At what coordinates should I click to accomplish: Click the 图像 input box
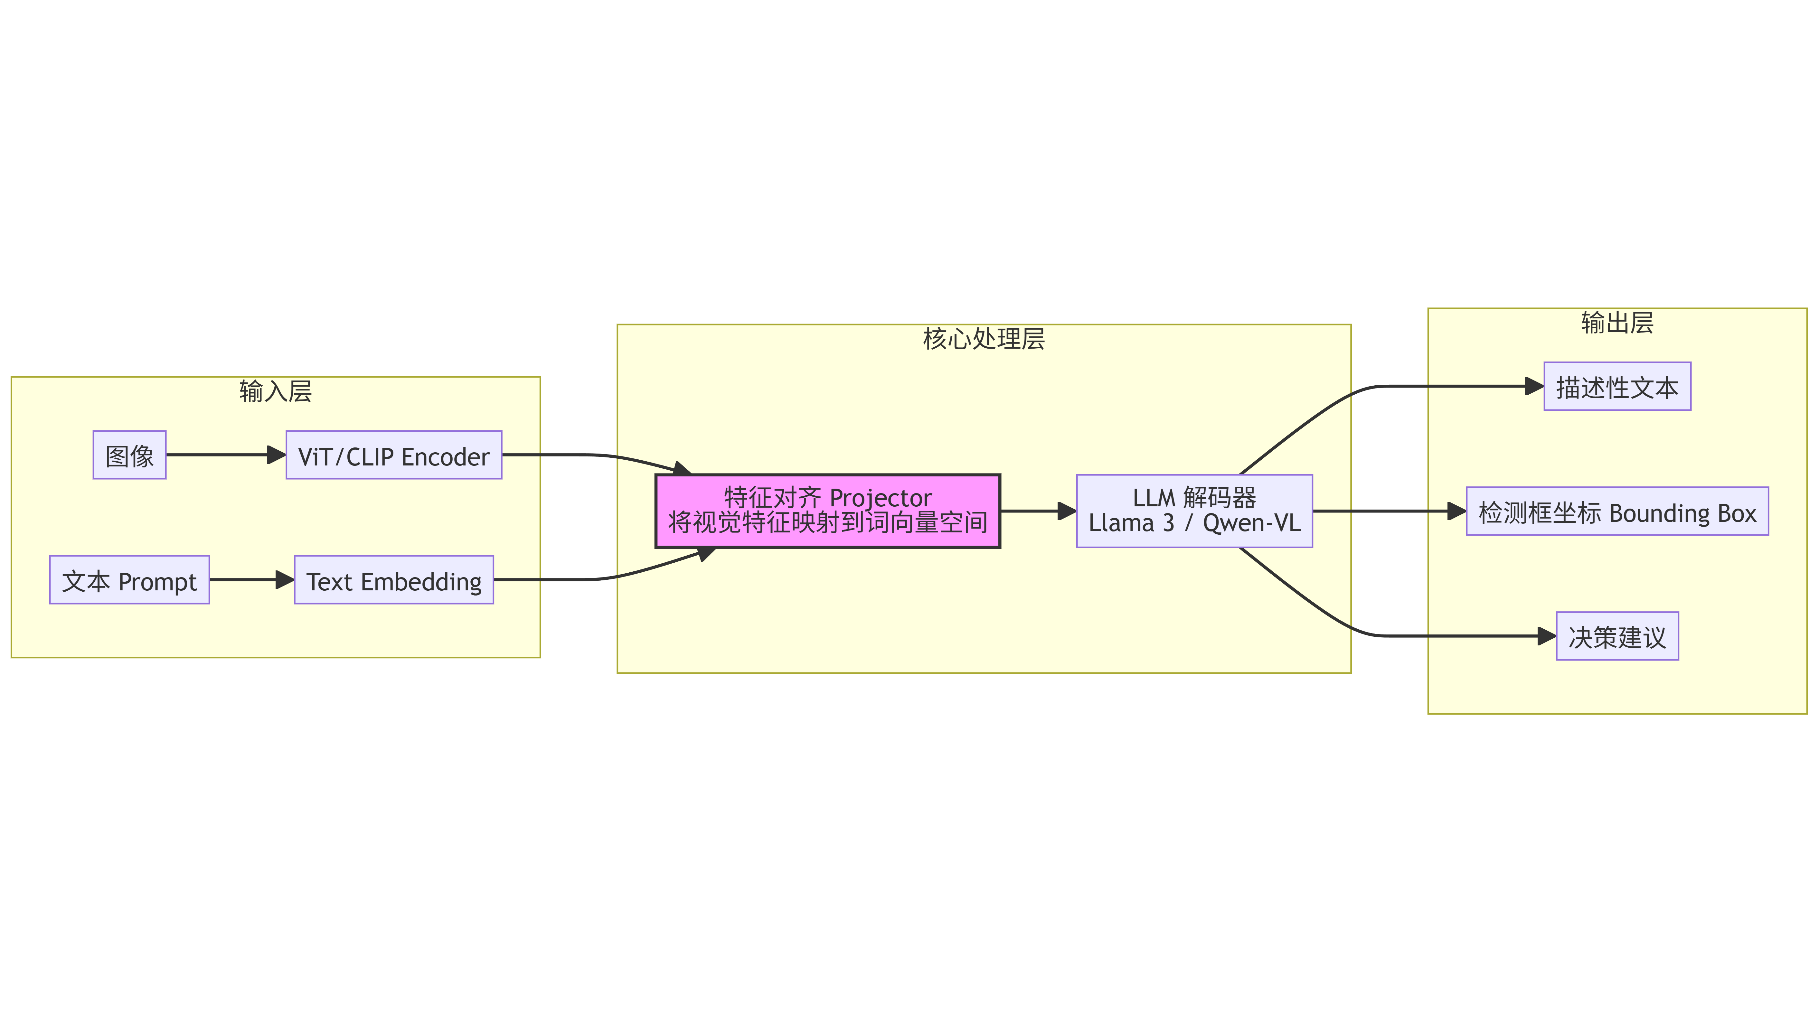tap(129, 455)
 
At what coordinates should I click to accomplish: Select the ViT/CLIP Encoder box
tap(393, 455)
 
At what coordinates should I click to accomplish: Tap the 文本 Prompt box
tap(129, 580)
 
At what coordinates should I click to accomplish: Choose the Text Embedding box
tap(393, 580)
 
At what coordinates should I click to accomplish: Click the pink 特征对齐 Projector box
tap(828, 511)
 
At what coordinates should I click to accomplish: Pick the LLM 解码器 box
tap(1194, 511)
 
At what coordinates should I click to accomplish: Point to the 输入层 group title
tap(275, 390)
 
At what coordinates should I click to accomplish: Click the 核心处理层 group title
tap(984, 339)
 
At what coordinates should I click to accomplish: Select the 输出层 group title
tap(1617, 323)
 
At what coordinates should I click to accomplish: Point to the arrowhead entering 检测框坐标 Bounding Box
tap(1456, 511)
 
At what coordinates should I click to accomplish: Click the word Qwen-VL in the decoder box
tap(1251, 523)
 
